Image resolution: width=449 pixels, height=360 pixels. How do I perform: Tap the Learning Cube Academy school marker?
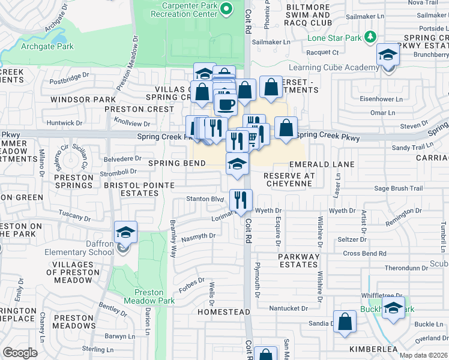[388, 56]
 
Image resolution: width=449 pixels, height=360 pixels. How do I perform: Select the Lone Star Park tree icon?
[371, 37]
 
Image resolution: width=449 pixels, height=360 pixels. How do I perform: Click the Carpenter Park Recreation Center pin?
[226, 8]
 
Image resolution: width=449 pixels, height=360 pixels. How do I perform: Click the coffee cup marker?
[226, 104]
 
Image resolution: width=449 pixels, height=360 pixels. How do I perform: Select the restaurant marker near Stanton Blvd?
[241, 200]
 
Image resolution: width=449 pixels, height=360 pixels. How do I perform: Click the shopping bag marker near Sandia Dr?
[345, 322]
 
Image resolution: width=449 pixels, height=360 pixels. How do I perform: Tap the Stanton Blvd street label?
[205, 199]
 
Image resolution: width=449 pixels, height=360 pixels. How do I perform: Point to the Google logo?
[20, 353]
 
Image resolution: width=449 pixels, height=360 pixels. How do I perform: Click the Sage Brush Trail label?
[399, 188]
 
